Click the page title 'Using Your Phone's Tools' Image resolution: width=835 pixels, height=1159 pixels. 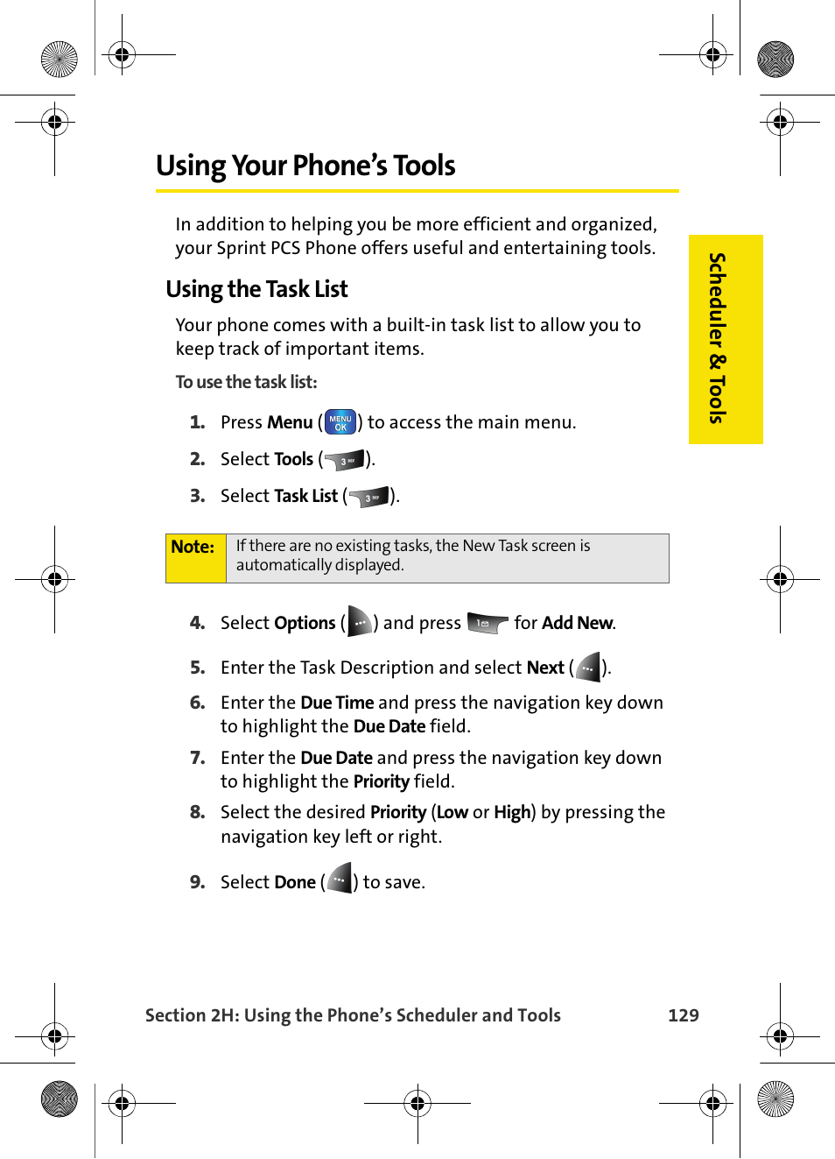305,166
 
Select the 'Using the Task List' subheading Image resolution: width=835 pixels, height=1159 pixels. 256,289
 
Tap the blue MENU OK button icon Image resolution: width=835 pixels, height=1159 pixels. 340,422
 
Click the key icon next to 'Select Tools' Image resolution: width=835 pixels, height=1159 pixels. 345,460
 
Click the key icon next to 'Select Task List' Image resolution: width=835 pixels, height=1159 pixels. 368,497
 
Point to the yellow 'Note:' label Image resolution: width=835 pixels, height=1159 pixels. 193,548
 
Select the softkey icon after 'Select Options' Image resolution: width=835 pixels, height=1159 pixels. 360,622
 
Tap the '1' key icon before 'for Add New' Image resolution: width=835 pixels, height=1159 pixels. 487,623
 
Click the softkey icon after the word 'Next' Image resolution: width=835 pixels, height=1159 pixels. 588,668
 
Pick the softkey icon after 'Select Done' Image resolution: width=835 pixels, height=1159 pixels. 340,879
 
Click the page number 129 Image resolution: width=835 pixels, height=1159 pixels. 683,1015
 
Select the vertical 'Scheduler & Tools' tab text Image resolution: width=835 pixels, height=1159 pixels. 717,338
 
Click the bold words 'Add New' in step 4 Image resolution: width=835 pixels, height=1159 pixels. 577,623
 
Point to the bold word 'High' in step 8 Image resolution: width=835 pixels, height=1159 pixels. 511,812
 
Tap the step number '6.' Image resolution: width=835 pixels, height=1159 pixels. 198,703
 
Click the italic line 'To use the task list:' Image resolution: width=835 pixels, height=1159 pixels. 246,382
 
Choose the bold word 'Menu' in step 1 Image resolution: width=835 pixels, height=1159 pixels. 290,422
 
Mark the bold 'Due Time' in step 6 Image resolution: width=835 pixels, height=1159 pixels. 337,703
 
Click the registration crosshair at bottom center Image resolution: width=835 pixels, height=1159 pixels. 417,1103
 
